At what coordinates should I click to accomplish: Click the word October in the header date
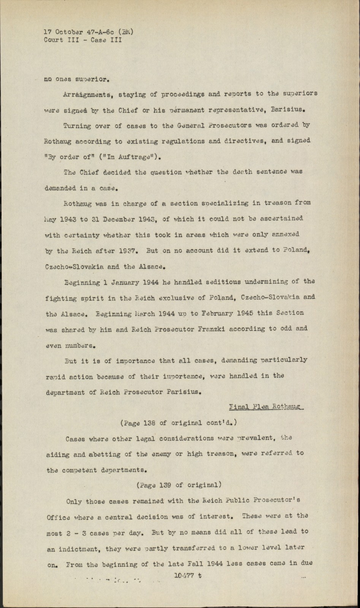pos(68,32)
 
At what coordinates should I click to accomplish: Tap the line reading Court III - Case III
pos(83,40)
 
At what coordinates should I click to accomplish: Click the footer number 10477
pos(184,575)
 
